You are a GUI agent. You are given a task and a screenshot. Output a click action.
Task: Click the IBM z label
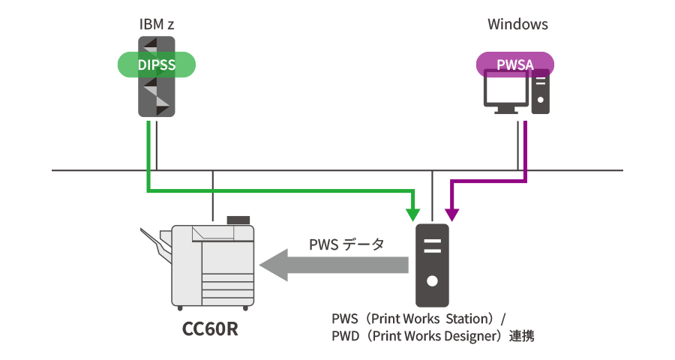pyautogui.click(x=156, y=24)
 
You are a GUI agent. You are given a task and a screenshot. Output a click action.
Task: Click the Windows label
pyautogui.click(x=517, y=24)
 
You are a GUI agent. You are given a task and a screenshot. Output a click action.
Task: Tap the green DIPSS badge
pyautogui.click(x=157, y=65)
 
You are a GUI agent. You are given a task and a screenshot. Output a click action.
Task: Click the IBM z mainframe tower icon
pyautogui.click(x=157, y=97)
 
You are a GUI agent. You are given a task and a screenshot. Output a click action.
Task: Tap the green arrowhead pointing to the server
pyautogui.click(x=411, y=214)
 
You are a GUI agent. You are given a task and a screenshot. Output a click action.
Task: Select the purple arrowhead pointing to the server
pyautogui.click(x=452, y=214)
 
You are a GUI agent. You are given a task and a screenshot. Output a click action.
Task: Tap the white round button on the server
pyautogui.click(x=432, y=282)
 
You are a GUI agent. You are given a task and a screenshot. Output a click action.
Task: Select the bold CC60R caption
pyautogui.click(x=211, y=328)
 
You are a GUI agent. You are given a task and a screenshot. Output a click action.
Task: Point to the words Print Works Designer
pyautogui.click(x=428, y=336)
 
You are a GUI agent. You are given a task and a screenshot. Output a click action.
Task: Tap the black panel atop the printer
pyautogui.click(x=238, y=219)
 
